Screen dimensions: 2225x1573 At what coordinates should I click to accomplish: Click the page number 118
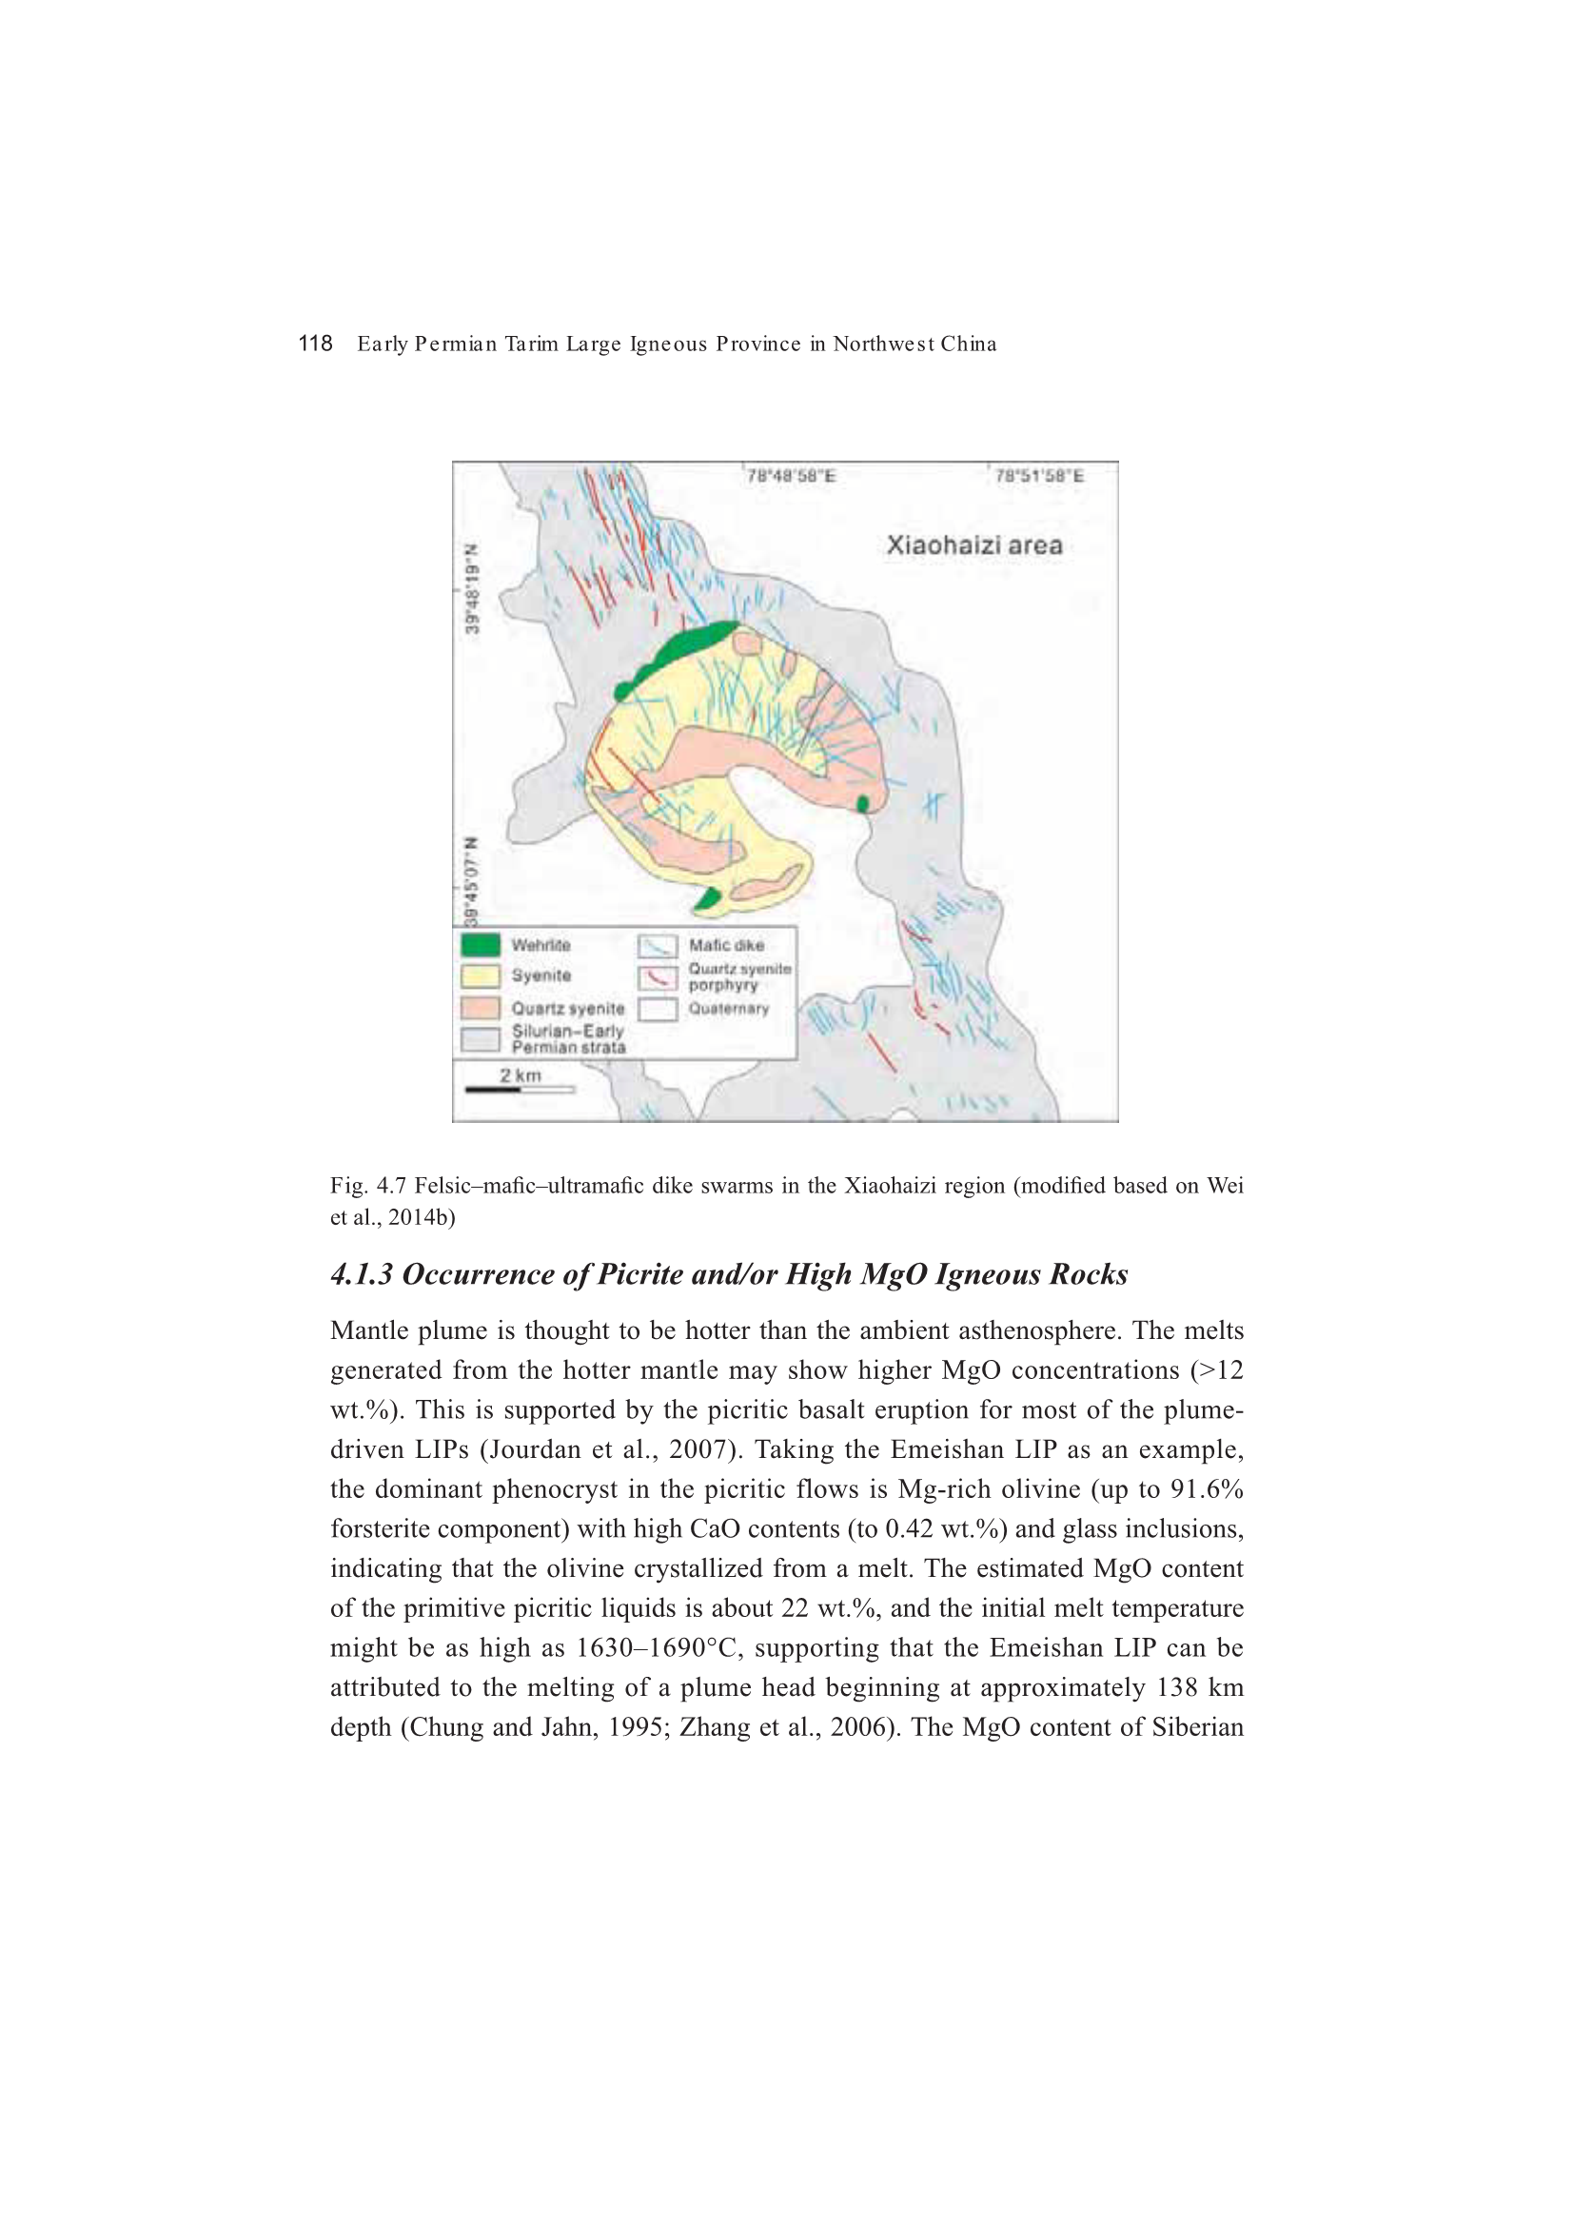315,343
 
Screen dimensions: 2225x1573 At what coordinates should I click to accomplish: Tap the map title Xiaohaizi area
974,545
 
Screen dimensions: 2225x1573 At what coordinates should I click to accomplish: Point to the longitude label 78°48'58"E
791,476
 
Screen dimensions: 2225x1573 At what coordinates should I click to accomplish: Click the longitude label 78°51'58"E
1039,476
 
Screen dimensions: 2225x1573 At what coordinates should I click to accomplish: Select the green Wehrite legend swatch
481,945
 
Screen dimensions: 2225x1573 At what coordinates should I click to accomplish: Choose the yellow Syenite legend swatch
481,975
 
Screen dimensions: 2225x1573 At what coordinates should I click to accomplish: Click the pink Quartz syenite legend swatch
481,1008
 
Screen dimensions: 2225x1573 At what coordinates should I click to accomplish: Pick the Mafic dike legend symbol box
658,946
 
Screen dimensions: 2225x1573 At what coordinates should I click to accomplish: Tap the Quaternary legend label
729,1009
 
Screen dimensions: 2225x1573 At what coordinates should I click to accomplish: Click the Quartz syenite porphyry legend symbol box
658,976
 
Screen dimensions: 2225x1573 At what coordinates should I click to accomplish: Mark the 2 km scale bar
520,1090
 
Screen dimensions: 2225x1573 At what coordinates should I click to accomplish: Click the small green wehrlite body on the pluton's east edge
862,803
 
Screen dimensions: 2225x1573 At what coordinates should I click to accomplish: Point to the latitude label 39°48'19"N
472,588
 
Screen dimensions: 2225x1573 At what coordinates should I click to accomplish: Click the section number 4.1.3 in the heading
362,1274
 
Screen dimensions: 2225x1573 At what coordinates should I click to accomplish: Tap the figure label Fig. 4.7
369,1185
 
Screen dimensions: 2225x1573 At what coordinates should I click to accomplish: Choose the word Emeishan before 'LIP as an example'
944,1449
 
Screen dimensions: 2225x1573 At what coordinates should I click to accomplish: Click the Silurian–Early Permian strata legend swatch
481,1040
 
